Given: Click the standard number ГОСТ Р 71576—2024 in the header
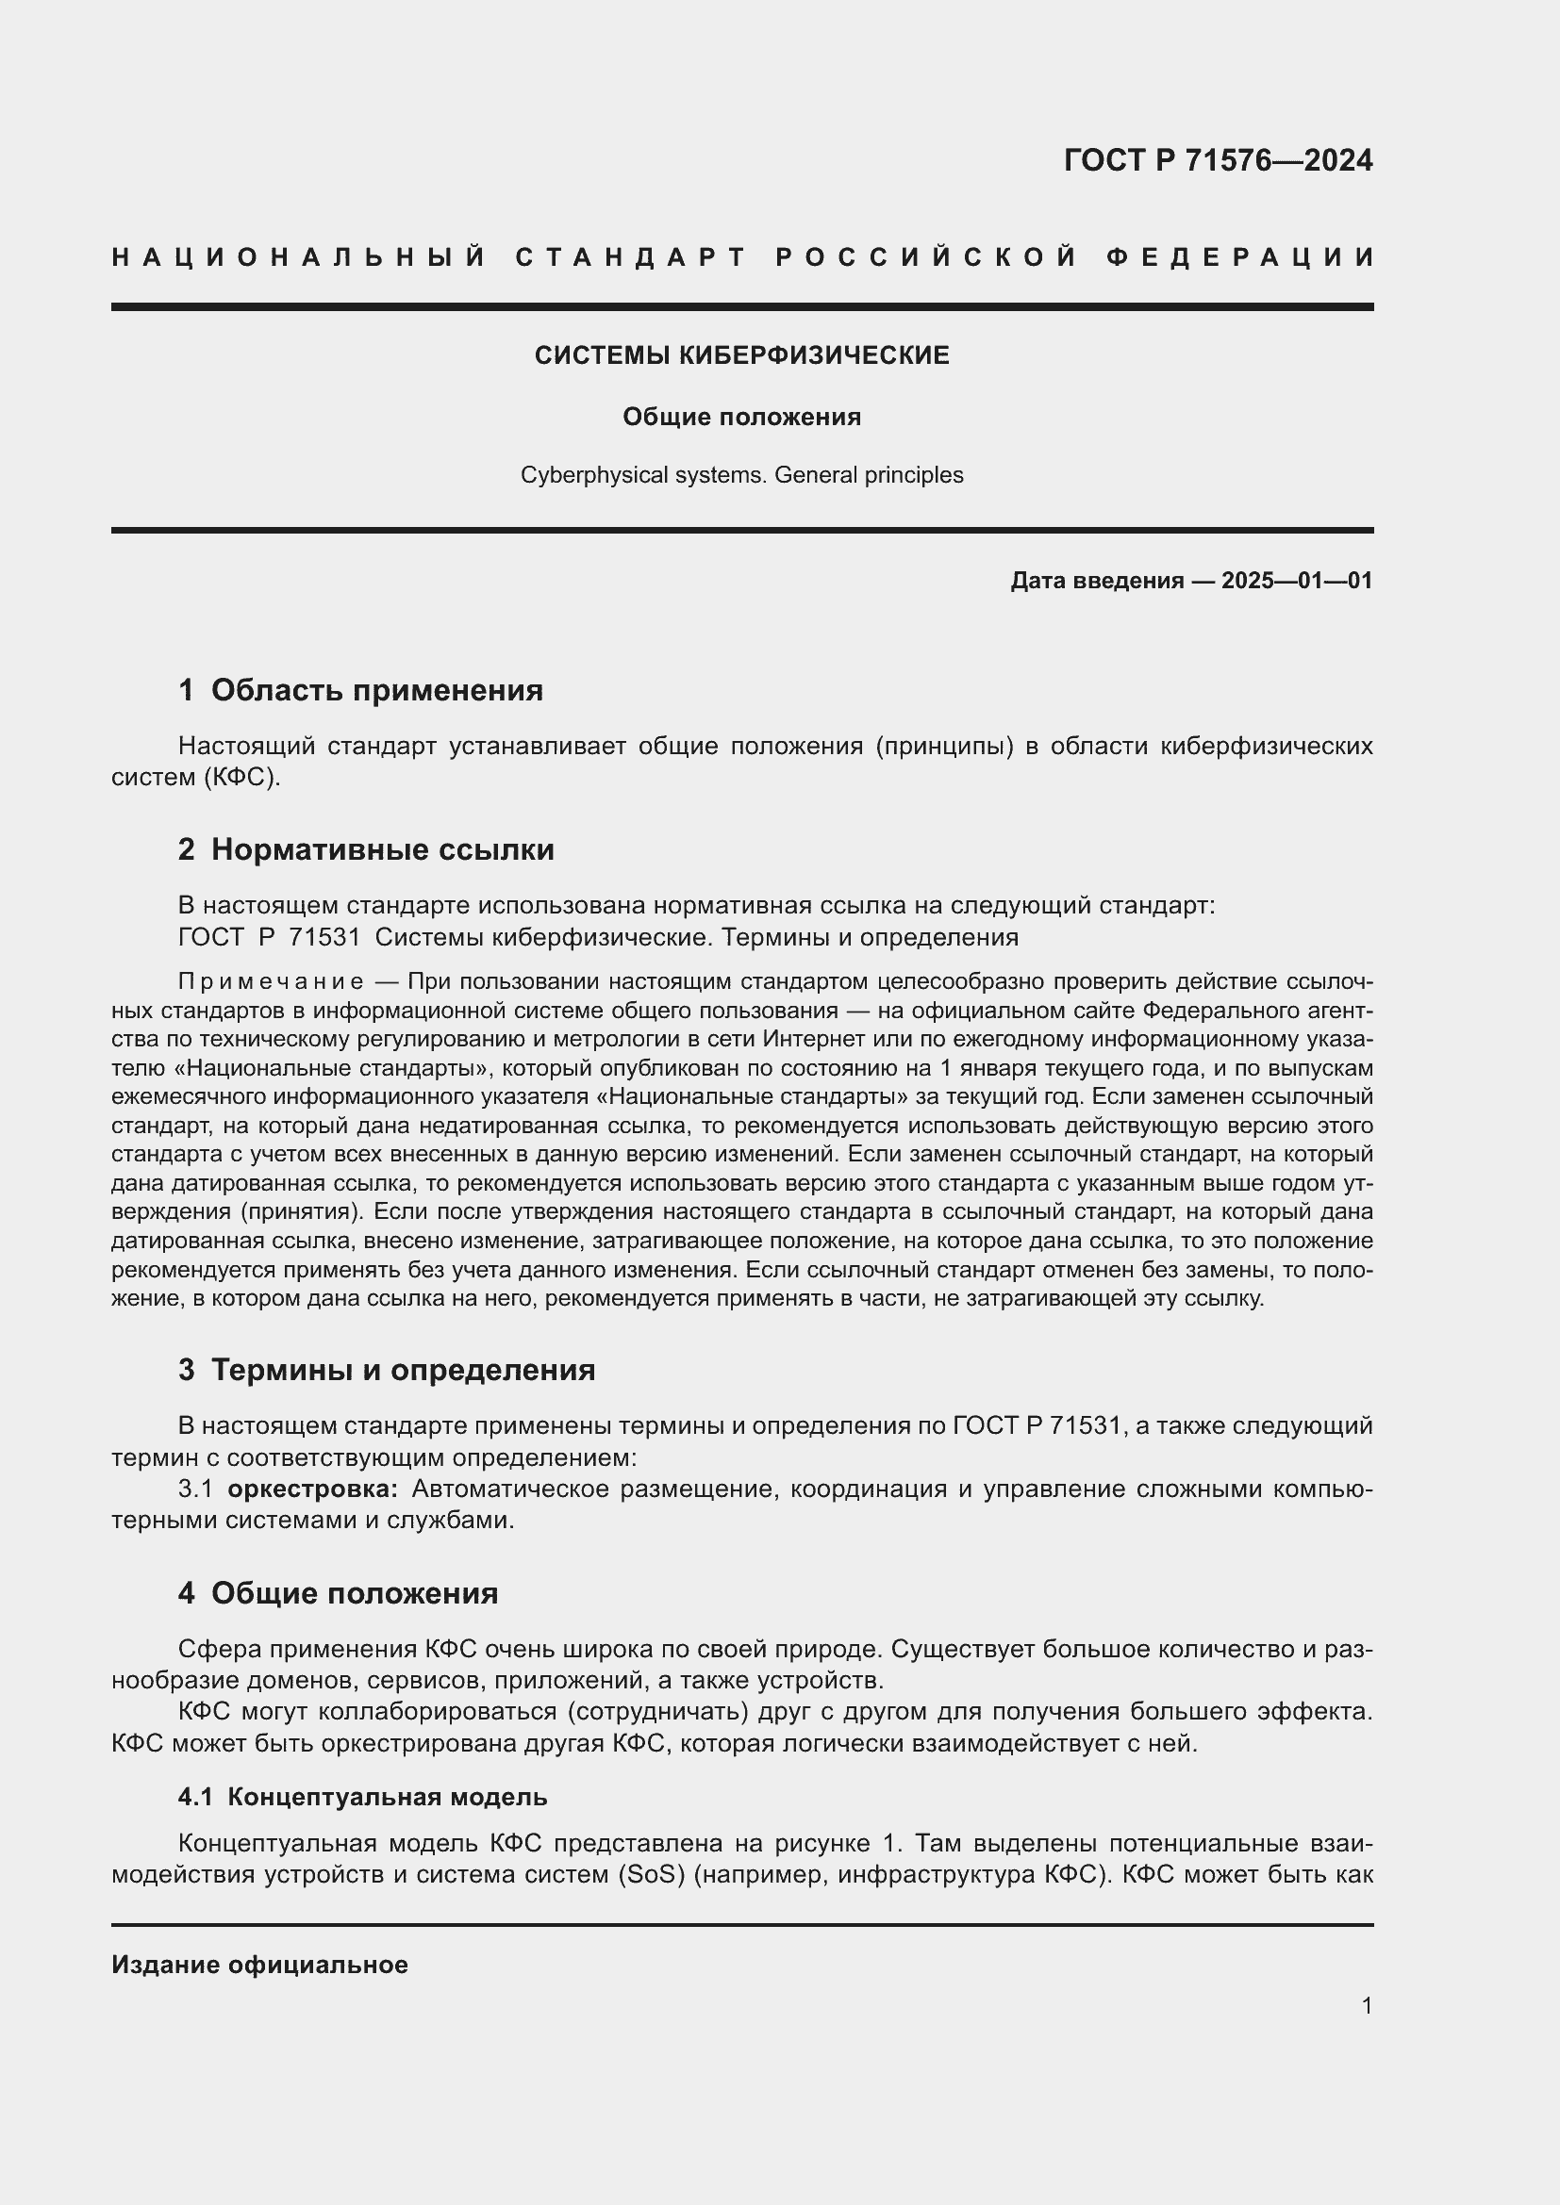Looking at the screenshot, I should pyautogui.click(x=1218, y=160).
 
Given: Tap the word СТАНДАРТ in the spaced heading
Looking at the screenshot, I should pyautogui.click(x=632, y=257).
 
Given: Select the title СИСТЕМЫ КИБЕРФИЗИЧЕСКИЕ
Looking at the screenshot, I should pyautogui.click(x=741, y=355).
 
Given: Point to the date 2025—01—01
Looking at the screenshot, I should pyautogui.click(x=1297, y=580).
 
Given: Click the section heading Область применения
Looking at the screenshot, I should pyautogui.click(x=376, y=689).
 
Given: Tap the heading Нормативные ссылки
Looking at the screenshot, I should pyautogui.click(x=382, y=849).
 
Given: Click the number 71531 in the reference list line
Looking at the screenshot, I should pyautogui.click(x=324, y=936).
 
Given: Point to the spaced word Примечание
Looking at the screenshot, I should pyautogui.click(x=270, y=981).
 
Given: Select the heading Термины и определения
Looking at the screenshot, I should pyautogui.click(x=403, y=1370).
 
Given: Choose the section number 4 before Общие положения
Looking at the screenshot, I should pyautogui.click(x=187, y=1593).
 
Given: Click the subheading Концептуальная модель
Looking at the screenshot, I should pyautogui.click(x=387, y=1797).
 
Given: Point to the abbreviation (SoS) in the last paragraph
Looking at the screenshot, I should pyautogui.click(x=651, y=1875).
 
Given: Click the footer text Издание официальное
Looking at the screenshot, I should pyautogui.click(x=259, y=1965).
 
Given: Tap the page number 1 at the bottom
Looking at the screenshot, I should pyautogui.click(x=1367, y=2006).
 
